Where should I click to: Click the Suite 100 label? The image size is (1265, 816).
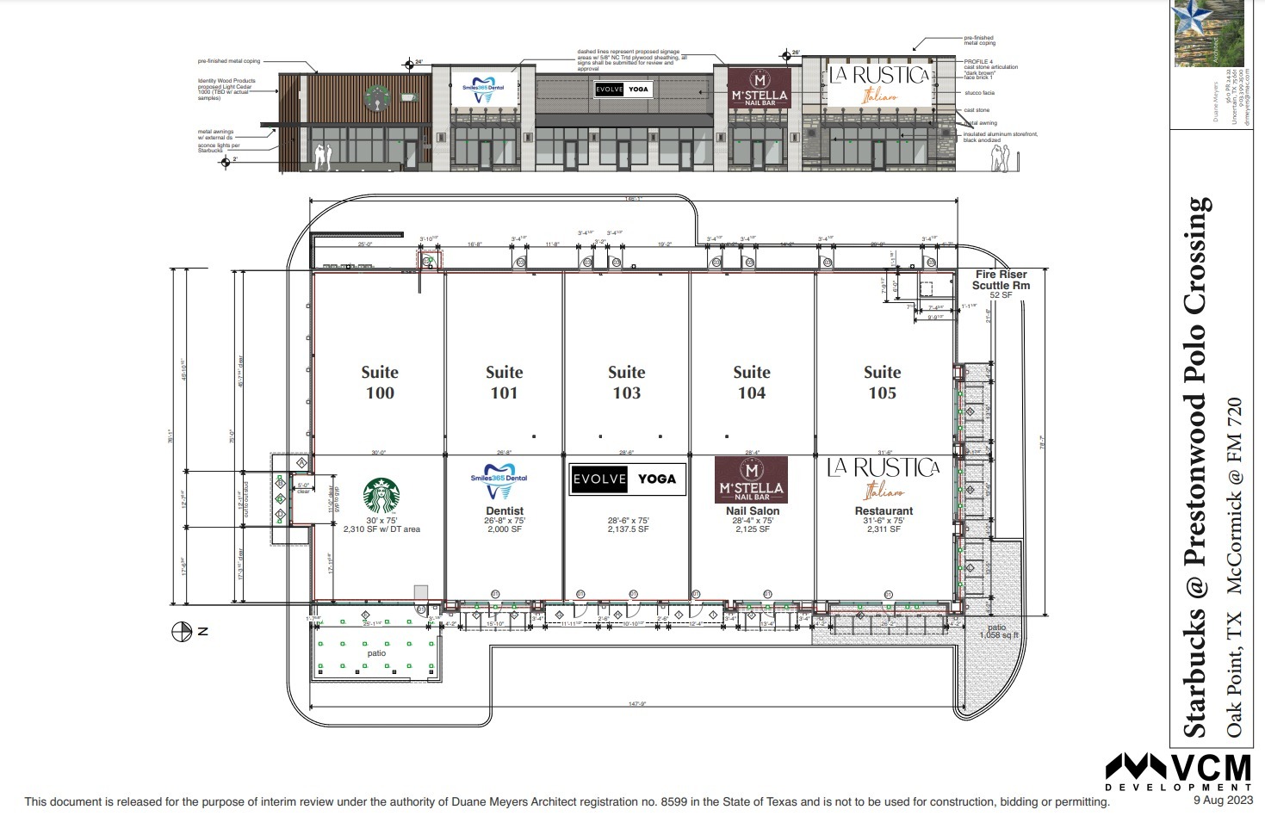(x=379, y=383)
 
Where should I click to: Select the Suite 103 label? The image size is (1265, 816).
(x=626, y=383)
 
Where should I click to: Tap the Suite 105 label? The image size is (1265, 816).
(x=882, y=383)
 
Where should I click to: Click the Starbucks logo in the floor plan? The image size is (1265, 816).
(x=381, y=497)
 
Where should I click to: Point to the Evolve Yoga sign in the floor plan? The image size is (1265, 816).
(x=628, y=479)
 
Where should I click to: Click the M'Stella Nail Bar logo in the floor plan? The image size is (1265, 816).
(x=752, y=479)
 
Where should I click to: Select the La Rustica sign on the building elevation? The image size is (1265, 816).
(x=879, y=83)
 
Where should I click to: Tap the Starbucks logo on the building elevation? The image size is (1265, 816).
(x=375, y=97)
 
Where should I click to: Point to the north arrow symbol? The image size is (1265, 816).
(x=182, y=632)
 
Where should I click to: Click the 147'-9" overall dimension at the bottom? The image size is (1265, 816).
(x=636, y=704)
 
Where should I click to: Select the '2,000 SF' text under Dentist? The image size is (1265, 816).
(x=505, y=529)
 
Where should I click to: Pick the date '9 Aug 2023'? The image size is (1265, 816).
(x=1222, y=800)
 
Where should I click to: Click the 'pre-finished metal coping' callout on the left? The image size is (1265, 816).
(x=228, y=61)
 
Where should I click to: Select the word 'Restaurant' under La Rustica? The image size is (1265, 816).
(x=884, y=511)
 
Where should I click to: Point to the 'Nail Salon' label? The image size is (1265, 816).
(x=752, y=511)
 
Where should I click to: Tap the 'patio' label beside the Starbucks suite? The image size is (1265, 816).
(x=376, y=653)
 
